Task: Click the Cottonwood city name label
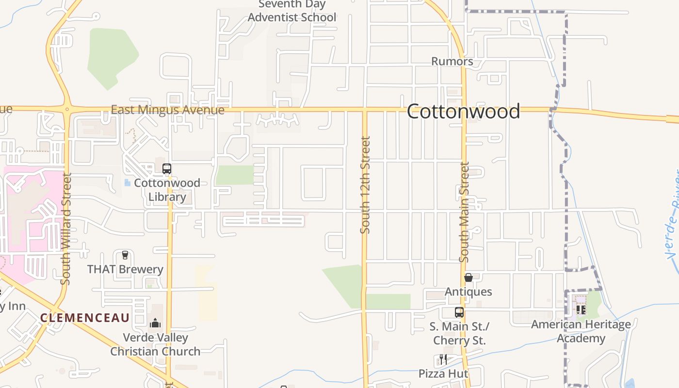pyautogui.click(x=463, y=112)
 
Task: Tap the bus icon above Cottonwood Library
pyautogui.click(x=166, y=169)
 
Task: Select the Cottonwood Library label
pyautogui.click(x=167, y=190)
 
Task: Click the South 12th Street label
pyautogui.click(x=365, y=184)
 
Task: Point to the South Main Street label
pyautogui.click(x=464, y=212)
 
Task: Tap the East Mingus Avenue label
pyautogui.click(x=167, y=110)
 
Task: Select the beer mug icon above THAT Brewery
pyautogui.click(x=125, y=255)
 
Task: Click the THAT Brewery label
pyautogui.click(x=125, y=269)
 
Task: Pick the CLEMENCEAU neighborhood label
pyautogui.click(x=85, y=318)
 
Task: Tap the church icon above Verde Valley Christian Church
pyautogui.click(x=155, y=323)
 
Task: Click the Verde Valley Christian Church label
pyautogui.click(x=155, y=344)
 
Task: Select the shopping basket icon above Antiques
pyautogui.click(x=469, y=277)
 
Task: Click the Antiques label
pyautogui.click(x=469, y=291)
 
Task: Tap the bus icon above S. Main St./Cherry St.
pyautogui.click(x=459, y=312)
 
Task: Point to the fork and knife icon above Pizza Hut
pyautogui.click(x=443, y=359)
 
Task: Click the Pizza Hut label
pyautogui.click(x=444, y=373)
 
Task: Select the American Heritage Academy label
pyautogui.click(x=581, y=331)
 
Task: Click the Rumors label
pyautogui.click(x=452, y=61)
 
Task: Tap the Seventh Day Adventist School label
pyautogui.click(x=292, y=11)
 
